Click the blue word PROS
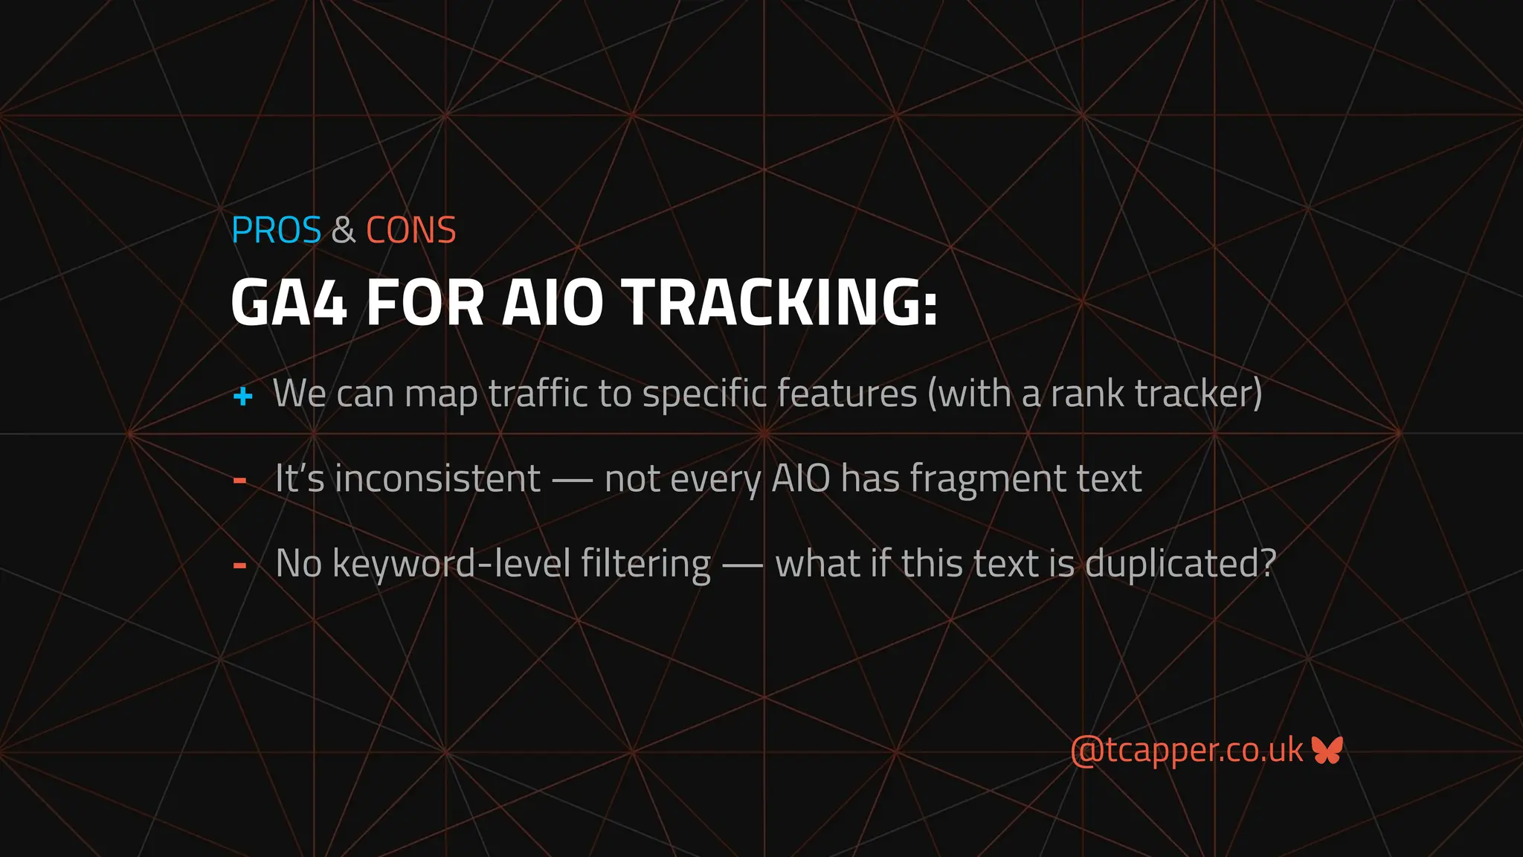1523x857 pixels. point(276,230)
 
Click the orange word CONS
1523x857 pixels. point(410,230)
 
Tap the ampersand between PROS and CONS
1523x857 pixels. point(343,230)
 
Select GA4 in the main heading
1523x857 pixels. point(289,303)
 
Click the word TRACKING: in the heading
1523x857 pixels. point(780,303)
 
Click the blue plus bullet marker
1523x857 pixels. point(242,396)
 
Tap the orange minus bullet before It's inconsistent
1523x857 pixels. point(239,481)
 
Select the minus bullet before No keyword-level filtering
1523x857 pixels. point(239,565)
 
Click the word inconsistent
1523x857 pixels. point(437,478)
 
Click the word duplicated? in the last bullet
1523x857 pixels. point(1180,563)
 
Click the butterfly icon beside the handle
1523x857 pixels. point(1327,750)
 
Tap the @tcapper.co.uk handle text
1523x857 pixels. point(1186,750)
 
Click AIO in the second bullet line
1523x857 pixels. point(801,478)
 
